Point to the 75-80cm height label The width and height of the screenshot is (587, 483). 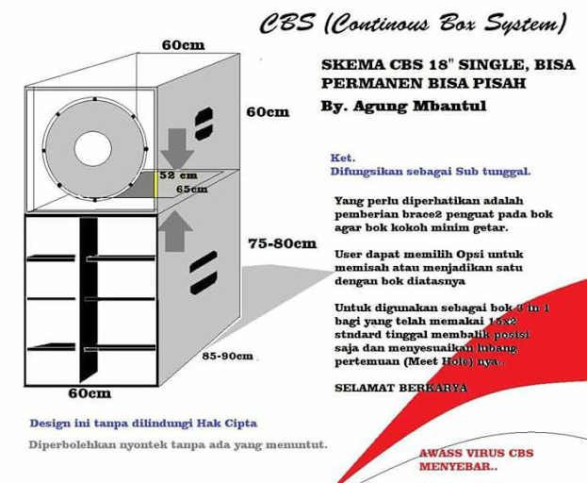click(282, 243)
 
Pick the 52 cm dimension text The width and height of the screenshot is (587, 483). click(178, 175)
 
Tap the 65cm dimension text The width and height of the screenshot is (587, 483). click(191, 189)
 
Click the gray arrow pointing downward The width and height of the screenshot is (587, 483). click(176, 148)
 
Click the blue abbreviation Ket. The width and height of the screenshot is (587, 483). click(342, 158)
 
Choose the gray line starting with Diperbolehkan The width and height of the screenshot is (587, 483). click(178, 443)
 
